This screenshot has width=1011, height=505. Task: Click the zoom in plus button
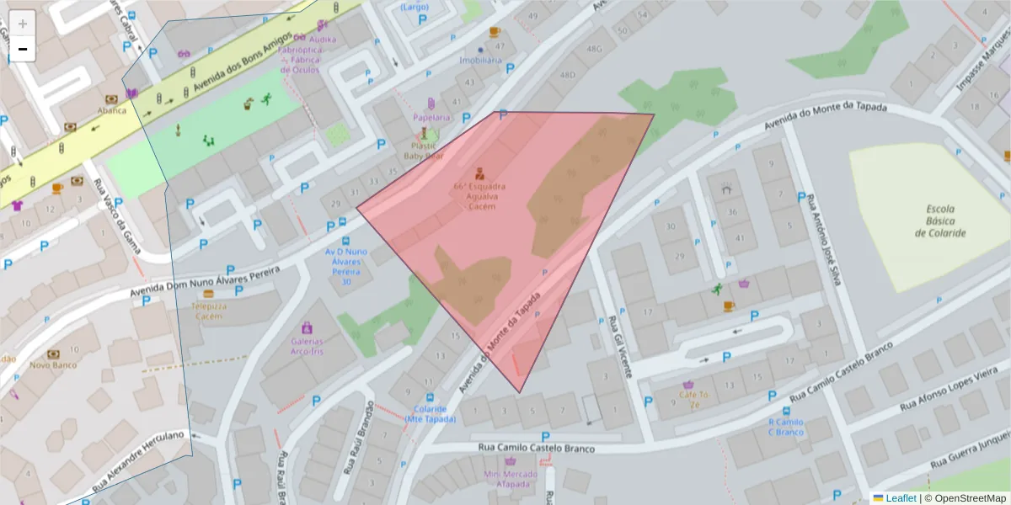coord(22,24)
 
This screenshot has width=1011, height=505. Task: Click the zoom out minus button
coord(22,50)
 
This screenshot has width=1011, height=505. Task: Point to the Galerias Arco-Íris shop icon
coord(307,327)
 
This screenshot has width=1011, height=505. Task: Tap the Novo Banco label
coord(53,364)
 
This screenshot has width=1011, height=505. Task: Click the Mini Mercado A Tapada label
coord(511,479)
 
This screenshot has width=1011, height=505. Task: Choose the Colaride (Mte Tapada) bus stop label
coord(430,414)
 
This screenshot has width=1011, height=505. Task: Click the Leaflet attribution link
coord(901,498)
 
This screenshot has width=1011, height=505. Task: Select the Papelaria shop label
coord(431,117)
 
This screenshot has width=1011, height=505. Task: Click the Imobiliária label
coord(480,61)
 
